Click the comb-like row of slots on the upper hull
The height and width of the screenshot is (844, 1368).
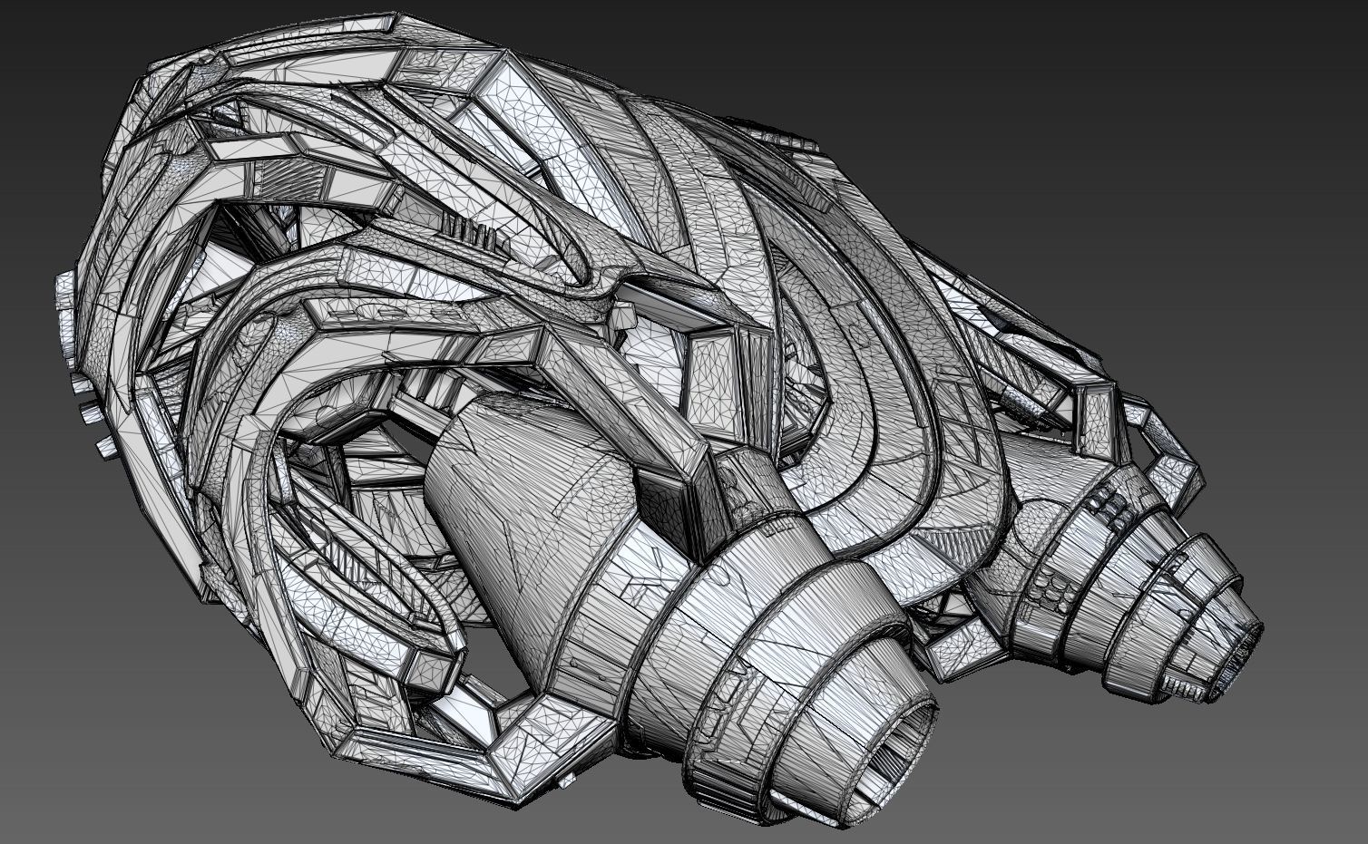(472, 232)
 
